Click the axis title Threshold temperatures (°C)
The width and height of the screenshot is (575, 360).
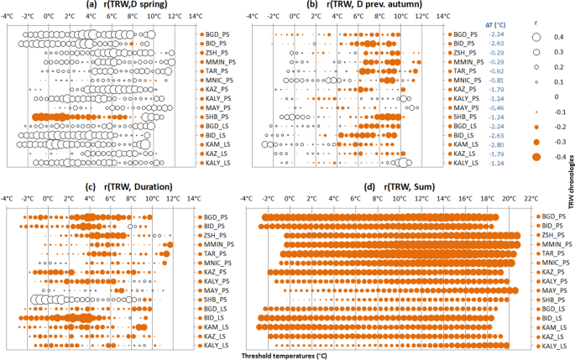tap(286, 355)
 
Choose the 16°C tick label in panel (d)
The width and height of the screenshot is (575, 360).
tap(464, 199)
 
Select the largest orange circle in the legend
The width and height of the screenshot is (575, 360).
tap(535, 157)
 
